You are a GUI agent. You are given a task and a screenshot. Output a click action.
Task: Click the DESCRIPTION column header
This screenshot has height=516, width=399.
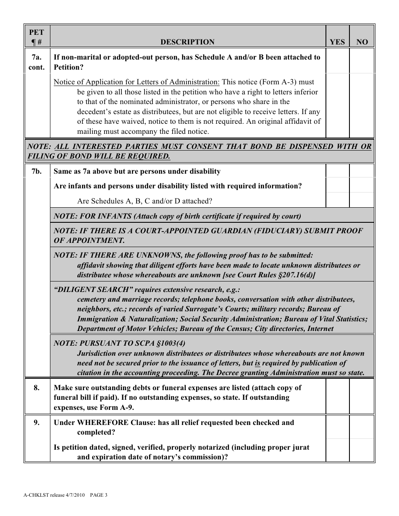tap(187, 42)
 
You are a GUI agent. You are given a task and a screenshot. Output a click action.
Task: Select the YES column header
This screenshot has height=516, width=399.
tap(337, 42)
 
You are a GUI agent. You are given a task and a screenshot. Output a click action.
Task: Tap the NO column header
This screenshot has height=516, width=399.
tap(362, 42)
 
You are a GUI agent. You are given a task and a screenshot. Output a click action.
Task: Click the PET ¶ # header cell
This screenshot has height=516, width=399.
tap(37, 36)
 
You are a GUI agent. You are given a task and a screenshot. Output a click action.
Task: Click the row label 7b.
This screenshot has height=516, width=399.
tap(37, 172)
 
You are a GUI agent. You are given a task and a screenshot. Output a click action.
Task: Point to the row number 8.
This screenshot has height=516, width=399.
tap(37, 388)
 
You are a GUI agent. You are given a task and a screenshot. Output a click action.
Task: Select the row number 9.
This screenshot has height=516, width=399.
tap(37, 423)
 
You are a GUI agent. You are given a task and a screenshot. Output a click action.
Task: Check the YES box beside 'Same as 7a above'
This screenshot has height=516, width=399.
tap(337, 172)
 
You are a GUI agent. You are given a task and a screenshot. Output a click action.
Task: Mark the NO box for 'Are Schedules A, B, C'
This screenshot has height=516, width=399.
tap(362, 201)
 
